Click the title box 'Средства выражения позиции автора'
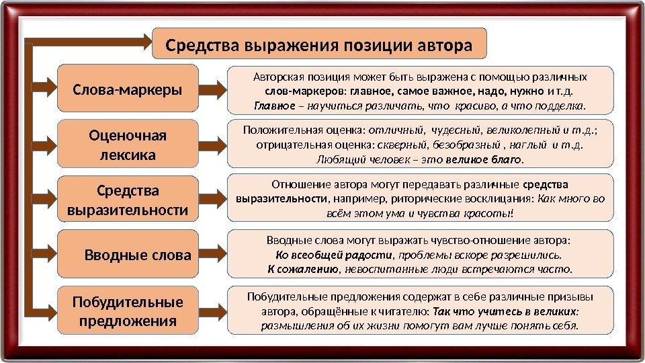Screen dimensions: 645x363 tap(319, 46)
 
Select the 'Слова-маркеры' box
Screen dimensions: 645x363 tap(128, 88)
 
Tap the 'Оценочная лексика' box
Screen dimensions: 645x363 tap(128, 145)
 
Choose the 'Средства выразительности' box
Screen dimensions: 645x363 tap(128, 200)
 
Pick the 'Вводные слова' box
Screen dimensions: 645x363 tap(128, 255)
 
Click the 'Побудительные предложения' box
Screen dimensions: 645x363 tap(128, 311)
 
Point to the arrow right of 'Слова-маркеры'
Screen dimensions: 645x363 tap(214, 88)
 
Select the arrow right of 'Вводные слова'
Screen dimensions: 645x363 tap(214, 255)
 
